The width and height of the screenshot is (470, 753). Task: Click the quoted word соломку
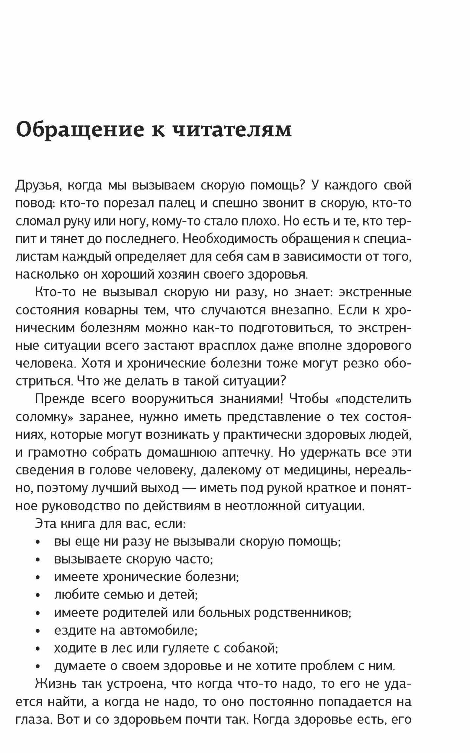coord(43,417)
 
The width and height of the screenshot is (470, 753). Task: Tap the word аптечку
coord(242,452)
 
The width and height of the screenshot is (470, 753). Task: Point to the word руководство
coord(67,506)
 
